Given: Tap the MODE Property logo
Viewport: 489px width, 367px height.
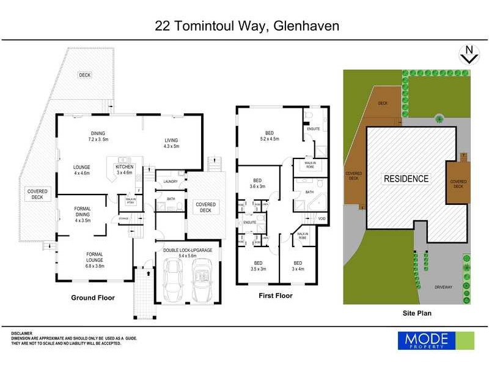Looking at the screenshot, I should click(436, 340).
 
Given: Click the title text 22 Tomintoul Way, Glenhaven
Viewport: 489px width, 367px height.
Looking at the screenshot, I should click(245, 26).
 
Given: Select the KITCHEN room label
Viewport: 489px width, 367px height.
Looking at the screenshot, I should click(125, 169).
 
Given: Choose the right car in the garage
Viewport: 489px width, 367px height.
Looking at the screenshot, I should click(202, 281).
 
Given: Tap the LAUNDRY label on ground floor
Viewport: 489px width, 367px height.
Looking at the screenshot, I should click(171, 182).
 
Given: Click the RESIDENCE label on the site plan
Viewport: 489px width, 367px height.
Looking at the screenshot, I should click(406, 179).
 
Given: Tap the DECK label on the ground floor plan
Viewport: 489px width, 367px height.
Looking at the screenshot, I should click(84, 75).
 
